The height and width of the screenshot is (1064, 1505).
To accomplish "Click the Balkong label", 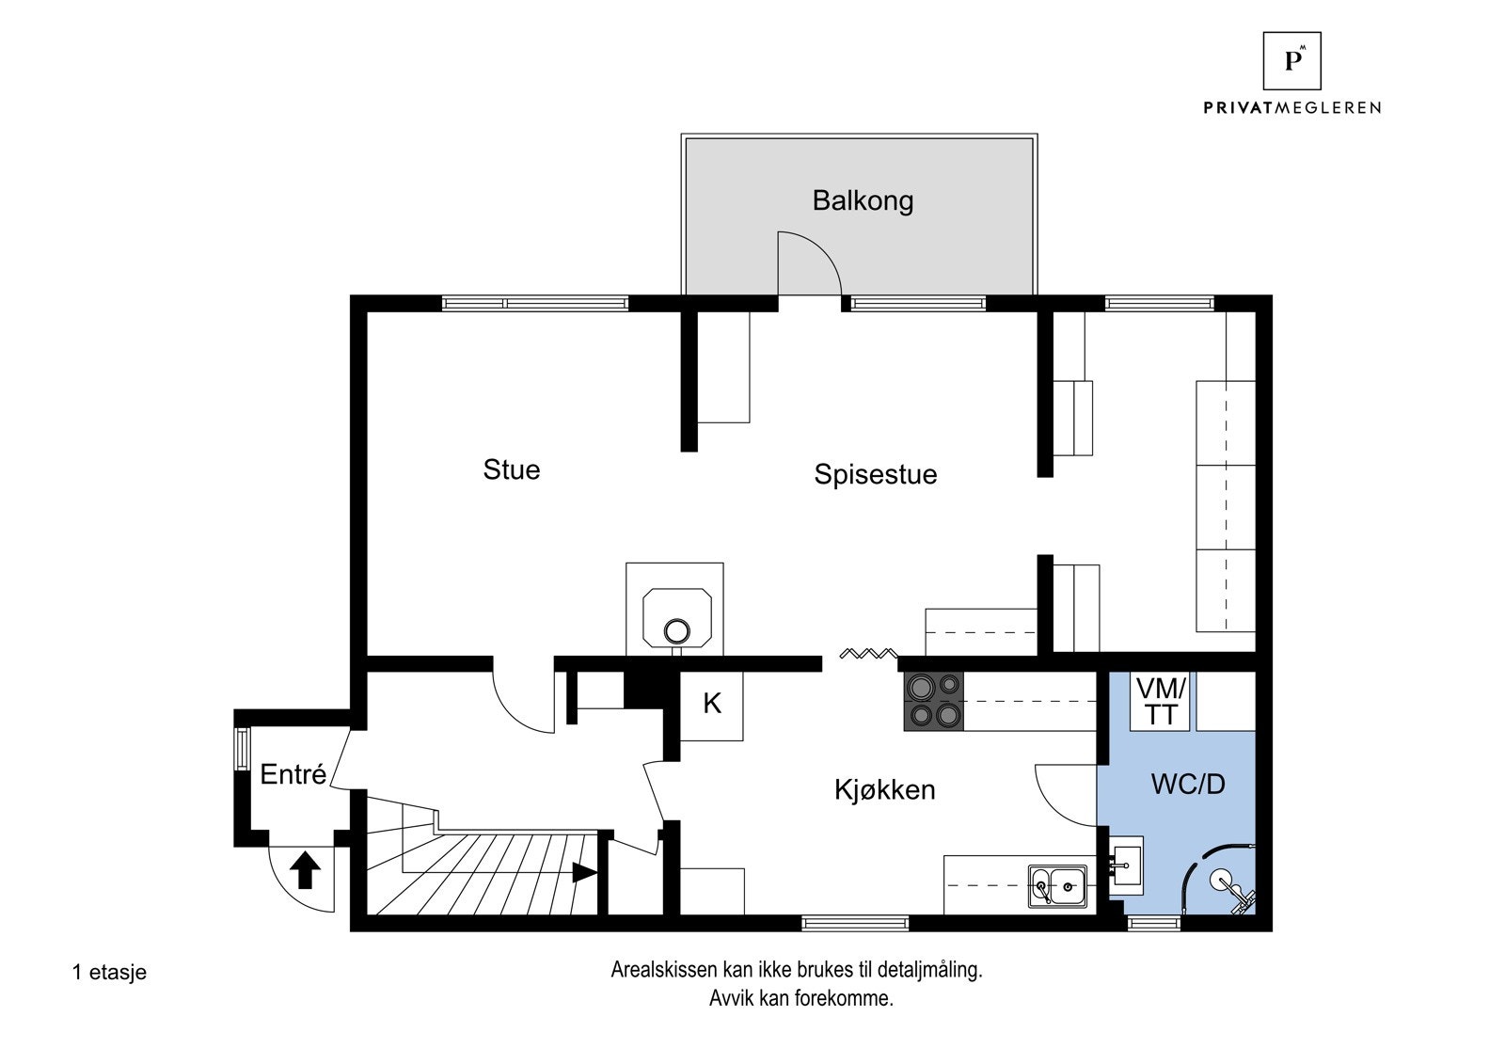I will [863, 200].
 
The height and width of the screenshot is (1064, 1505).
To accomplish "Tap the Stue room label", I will [511, 469].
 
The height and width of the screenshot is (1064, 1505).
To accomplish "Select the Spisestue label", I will [875, 474].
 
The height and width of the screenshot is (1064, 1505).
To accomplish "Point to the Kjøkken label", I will [884, 789].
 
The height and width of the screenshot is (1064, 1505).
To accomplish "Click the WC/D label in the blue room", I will [1188, 784].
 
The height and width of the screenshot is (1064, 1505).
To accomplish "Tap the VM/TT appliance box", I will [1161, 702].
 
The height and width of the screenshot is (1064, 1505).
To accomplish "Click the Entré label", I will [293, 774].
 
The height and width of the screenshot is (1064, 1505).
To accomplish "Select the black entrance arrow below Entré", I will [304, 869].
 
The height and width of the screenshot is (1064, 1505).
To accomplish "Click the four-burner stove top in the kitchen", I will [934, 701].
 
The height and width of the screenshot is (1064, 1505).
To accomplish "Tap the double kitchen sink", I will [1057, 884].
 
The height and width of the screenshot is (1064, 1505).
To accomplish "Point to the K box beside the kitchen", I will [712, 704].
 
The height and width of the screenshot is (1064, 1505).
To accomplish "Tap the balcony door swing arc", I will [811, 263].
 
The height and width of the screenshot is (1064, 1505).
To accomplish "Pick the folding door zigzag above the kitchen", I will [869, 654].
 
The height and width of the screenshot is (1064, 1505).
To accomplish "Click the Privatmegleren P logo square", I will [1291, 60].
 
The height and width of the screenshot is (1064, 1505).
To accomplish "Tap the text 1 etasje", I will [109, 972].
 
